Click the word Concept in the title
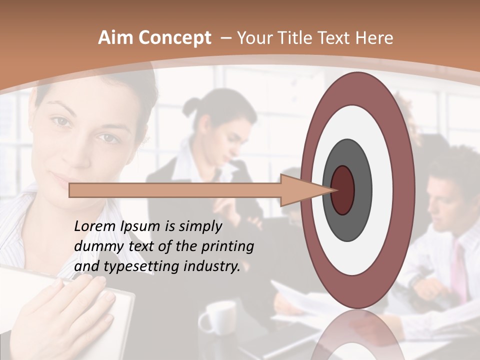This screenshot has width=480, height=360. pyautogui.click(x=173, y=38)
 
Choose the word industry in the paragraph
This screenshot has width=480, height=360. pyautogui.click(x=212, y=266)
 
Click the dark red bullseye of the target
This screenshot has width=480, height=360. pyautogui.click(x=343, y=190)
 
